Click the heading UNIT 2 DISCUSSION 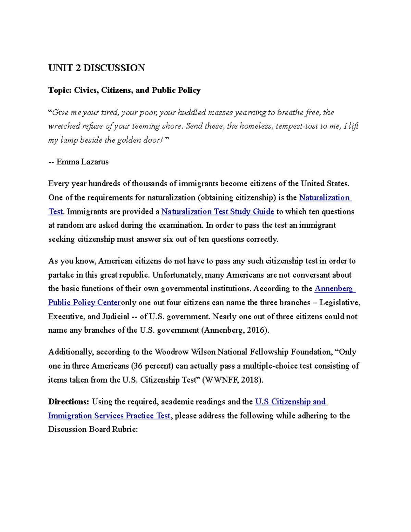(97, 68)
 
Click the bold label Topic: (60, 90)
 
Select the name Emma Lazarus (83, 162)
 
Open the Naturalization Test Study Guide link (217, 212)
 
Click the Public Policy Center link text (85, 302)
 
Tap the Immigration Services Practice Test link (109, 416)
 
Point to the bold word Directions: (68, 401)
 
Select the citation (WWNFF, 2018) (233, 380)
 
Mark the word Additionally (71, 352)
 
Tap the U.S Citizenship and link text (291, 401)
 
